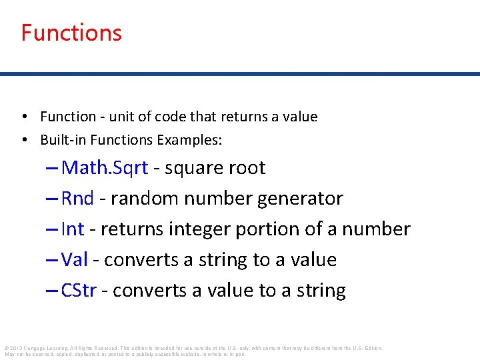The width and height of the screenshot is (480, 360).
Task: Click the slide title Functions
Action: tap(71, 33)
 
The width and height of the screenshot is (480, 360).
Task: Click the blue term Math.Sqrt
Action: tap(105, 168)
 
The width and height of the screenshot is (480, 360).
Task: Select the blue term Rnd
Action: tap(77, 199)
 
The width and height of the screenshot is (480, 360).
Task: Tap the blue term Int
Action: tap(72, 229)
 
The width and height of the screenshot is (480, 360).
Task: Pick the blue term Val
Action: tap(74, 260)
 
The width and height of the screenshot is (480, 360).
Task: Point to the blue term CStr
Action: tap(79, 291)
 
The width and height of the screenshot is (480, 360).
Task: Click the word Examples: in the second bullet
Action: tap(189, 140)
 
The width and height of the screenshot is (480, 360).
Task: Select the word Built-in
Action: tap(62, 140)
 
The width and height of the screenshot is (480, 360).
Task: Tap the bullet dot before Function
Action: tap(23, 117)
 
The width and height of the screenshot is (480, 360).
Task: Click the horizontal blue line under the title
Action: tap(240, 74)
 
